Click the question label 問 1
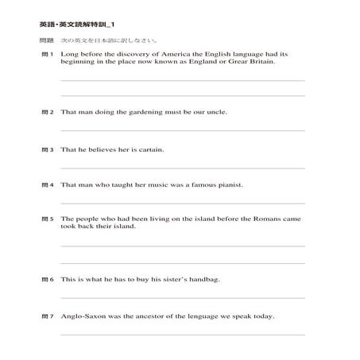coord(47,55)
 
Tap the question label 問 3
coord(47,149)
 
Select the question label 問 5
coord(47,219)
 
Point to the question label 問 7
coord(47,316)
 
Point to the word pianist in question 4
coord(226,184)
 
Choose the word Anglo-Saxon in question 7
coord(83,316)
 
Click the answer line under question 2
coord(182,130)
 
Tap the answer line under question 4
coord(182,203)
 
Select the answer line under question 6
coord(182,298)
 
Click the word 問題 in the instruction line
coord(46,40)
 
